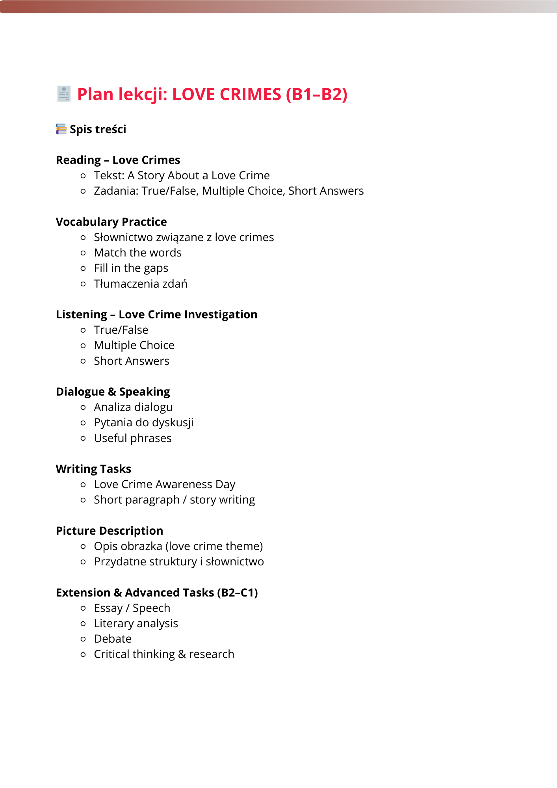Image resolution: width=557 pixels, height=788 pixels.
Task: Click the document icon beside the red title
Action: [63, 94]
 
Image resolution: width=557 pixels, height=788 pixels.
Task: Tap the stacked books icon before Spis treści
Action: [61, 129]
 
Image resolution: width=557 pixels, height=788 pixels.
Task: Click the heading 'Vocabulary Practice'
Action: [111, 222]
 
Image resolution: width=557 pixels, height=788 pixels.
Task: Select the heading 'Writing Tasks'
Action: [94, 469]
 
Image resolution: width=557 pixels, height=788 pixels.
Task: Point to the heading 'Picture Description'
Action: [110, 531]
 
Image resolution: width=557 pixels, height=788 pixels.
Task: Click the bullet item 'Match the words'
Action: [138, 253]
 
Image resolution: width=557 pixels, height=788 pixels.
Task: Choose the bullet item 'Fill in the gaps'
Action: [131, 268]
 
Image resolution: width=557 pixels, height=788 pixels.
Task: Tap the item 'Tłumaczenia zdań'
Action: [141, 284]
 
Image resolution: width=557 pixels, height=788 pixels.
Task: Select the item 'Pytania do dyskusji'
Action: [144, 422]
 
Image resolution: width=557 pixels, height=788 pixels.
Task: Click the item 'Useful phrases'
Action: [133, 438]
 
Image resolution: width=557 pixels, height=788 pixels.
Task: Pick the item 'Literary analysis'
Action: [136, 623]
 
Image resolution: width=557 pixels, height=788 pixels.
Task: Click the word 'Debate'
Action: [113, 639]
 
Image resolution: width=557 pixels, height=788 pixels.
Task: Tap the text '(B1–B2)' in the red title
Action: [317, 94]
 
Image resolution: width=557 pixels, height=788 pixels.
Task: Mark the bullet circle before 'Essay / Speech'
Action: [83, 608]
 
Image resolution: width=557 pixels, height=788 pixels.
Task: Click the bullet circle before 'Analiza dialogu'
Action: [83, 407]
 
